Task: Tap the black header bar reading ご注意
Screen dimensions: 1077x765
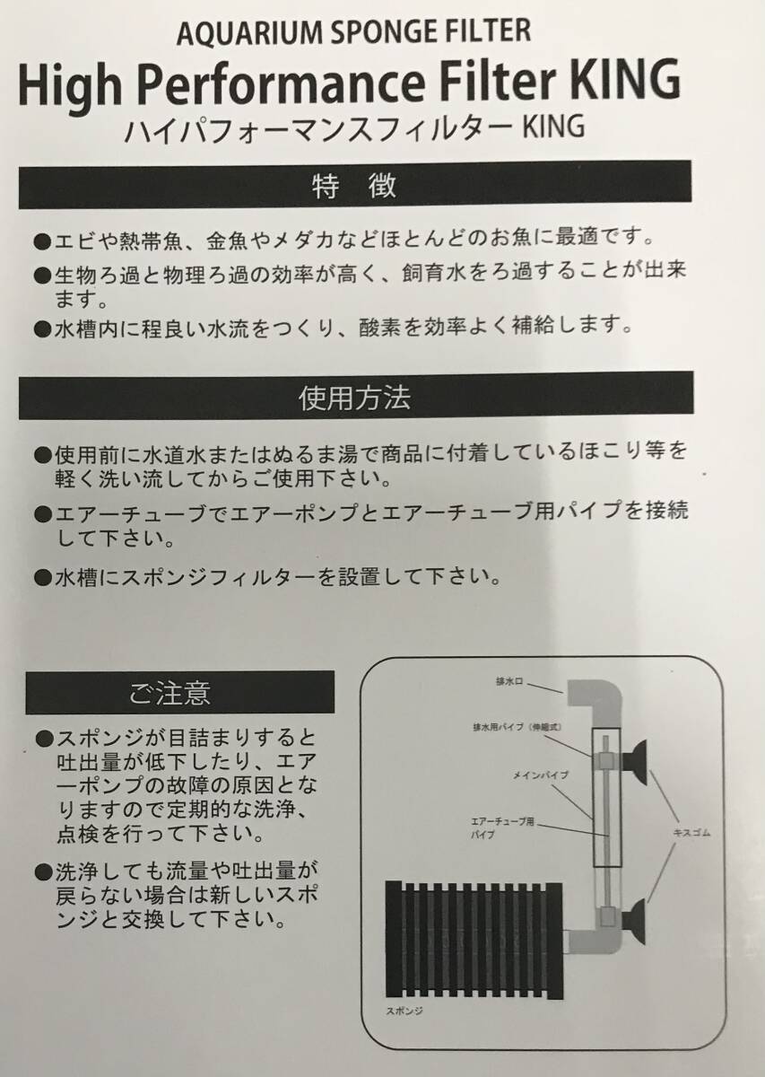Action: coord(179,693)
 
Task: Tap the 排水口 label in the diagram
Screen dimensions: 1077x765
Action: coord(509,682)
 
